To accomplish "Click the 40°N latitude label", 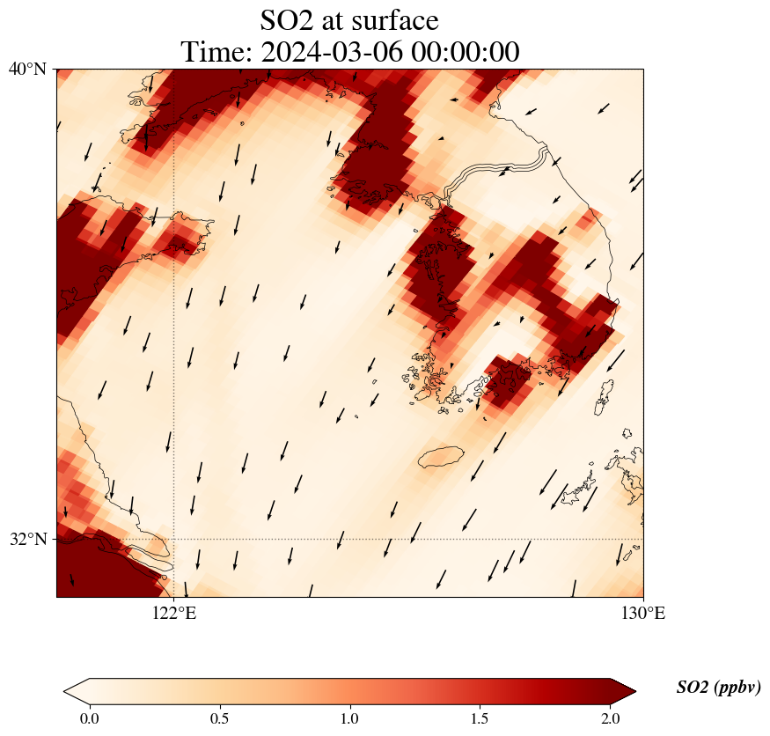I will (x=27, y=69).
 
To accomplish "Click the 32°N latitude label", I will (x=27, y=539).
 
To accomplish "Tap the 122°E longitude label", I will (x=173, y=613).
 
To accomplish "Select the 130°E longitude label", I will (x=643, y=613).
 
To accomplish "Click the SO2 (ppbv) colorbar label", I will (x=718, y=688).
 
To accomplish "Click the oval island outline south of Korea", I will (x=442, y=457).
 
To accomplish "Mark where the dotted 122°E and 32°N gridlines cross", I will (x=173, y=539).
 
